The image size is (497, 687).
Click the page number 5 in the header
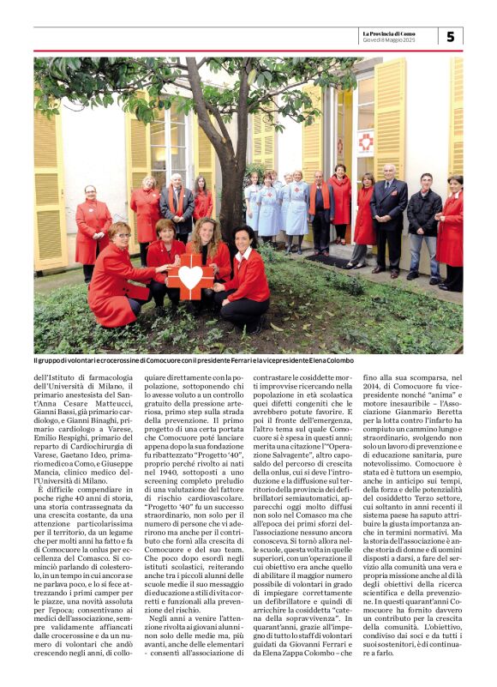pos(451,36)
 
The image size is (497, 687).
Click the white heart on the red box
pos(190,276)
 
